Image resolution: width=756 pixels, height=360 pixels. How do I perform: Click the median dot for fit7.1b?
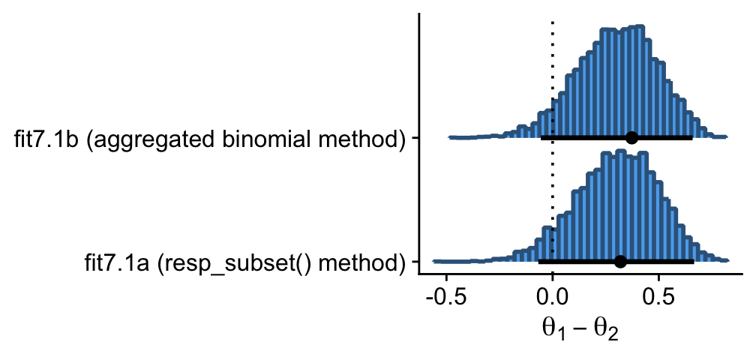click(x=631, y=137)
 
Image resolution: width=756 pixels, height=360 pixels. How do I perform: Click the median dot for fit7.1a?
click(x=620, y=262)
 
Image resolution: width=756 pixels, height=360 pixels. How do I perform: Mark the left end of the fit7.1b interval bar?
click(x=541, y=137)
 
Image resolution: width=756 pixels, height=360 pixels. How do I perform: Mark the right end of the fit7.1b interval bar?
click(x=691, y=137)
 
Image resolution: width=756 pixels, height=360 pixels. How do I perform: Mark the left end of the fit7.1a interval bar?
click(x=539, y=262)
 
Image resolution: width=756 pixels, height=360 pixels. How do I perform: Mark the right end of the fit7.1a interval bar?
click(x=693, y=262)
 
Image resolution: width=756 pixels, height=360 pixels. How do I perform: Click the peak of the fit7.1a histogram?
click(x=619, y=153)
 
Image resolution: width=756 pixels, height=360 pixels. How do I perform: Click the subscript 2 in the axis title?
click(x=613, y=334)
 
